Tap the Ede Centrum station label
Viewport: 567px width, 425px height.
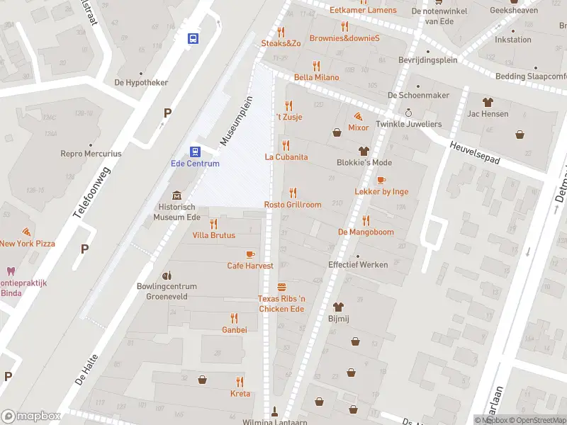tap(195, 164)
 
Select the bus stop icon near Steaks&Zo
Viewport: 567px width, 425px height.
tap(193, 38)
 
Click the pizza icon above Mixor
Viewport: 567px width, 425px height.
tap(358, 115)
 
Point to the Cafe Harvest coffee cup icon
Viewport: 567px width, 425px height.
tap(249, 254)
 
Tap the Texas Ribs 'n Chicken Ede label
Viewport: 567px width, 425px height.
tap(281, 304)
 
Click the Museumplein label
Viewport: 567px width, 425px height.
tap(236, 121)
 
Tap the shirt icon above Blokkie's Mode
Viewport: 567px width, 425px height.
tap(364, 150)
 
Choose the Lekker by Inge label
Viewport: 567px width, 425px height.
tap(381, 191)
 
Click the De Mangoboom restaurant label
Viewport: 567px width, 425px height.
tap(366, 232)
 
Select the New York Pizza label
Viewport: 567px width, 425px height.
tap(27, 244)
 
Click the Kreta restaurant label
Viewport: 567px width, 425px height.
tap(240, 394)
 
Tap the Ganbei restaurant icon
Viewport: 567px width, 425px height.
tap(234, 318)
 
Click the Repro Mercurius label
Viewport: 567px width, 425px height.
tap(91, 153)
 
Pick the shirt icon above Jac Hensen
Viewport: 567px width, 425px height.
tap(488, 101)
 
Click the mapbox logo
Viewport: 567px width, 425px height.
tap(31, 416)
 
